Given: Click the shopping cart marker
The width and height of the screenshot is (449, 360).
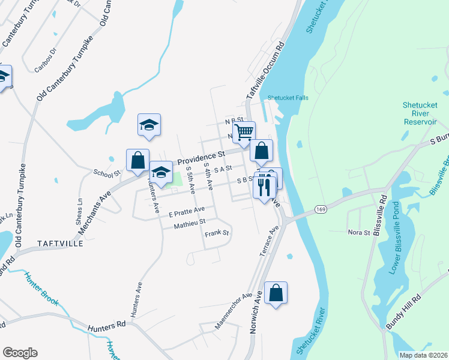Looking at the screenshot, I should pyautogui.click(x=244, y=132).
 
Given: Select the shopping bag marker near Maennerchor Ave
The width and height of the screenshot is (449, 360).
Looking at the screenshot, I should pyautogui.click(x=276, y=293).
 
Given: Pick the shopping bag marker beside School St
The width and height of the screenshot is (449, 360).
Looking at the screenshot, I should pyautogui.click(x=138, y=160).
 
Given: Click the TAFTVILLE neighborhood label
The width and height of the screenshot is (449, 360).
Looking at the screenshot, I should pyautogui.click(x=61, y=244).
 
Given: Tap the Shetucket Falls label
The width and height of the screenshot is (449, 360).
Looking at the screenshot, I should pyautogui.click(x=288, y=98).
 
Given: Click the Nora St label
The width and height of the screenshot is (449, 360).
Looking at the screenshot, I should pyautogui.click(x=358, y=232).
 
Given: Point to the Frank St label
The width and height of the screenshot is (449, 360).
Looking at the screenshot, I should pyautogui.click(x=217, y=233).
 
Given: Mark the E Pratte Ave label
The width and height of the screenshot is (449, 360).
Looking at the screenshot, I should pyautogui.click(x=187, y=212).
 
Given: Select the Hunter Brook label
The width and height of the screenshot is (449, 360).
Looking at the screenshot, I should pyautogui.click(x=41, y=288).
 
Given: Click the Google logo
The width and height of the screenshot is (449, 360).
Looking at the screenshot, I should pyautogui.click(x=20, y=353).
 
